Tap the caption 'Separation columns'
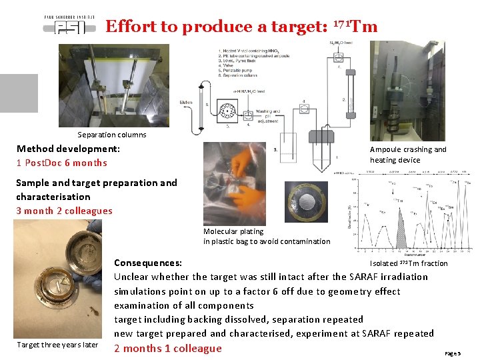(x=112, y=135)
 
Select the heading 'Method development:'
(x=68, y=149)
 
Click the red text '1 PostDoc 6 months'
(x=61, y=163)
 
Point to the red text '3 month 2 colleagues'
(x=64, y=211)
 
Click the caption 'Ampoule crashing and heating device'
(x=408, y=155)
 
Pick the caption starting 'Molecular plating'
(x=266, y=236)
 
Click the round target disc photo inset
(x=306, y=202)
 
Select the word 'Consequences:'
(x=148, y=263)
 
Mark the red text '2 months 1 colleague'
(x=168, y=348)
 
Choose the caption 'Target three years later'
(x=58, y=345)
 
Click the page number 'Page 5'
(x=453, y=353)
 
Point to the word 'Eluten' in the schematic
(x=186, y=102)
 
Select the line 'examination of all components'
(x=183, y=305)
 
